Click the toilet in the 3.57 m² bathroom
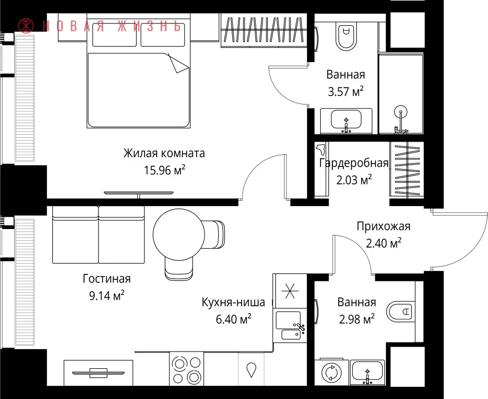346,37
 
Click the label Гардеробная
353,163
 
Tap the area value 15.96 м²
164,170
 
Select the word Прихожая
384,227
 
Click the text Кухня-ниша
233,302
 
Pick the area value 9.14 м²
107,295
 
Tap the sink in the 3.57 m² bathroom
346,121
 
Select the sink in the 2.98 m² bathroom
367,372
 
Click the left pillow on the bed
114,35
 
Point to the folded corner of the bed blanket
178,63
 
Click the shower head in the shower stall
401,111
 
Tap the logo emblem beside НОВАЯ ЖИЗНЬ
26,26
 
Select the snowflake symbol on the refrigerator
290,291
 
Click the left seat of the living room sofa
75,235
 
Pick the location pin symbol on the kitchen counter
251,370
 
